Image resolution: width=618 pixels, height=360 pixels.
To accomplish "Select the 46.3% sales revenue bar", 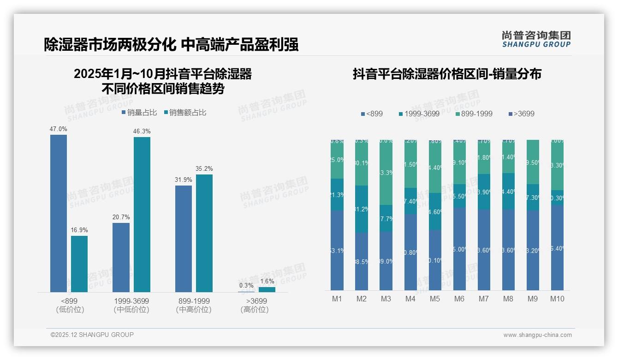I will point(142,214).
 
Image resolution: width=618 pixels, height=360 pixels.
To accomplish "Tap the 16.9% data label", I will point(79,230).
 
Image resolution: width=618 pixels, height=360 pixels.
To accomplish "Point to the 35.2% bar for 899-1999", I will point(204,233).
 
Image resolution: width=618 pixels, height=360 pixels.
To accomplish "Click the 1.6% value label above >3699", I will point(267,281).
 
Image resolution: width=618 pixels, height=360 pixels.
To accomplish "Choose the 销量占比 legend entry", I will point(139,112).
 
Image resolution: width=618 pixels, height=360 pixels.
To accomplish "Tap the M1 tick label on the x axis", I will point(337,299).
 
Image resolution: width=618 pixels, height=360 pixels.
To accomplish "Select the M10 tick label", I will point(557,299).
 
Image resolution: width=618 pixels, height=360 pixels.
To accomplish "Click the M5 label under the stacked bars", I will point(435,299).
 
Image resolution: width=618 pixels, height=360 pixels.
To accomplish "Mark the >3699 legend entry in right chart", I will point(521,114).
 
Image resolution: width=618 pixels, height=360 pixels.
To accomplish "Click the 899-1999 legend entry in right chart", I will point(474,114).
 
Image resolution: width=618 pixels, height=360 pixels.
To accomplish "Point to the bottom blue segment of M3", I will point(386,261).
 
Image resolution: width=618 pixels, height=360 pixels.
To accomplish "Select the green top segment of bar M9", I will point(533,162).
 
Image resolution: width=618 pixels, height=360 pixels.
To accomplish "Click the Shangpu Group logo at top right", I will point(536,39).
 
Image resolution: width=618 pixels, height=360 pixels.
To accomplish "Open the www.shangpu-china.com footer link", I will point(537,335).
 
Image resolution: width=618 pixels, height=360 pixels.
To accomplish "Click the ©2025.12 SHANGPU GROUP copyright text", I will point(92,335).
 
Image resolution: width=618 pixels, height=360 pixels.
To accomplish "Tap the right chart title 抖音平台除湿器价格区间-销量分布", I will point(447,74).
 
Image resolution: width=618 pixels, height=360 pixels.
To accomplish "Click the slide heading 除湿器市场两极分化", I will point(110,45).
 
